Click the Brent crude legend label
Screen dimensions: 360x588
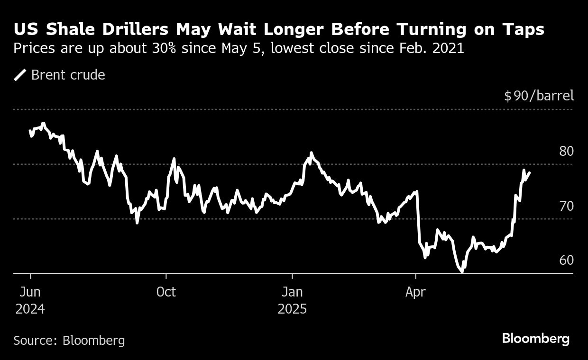tap(68, 75)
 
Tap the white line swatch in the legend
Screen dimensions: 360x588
tap(20, 75)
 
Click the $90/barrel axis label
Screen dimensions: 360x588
tap(539, 96)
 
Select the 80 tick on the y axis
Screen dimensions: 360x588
tap(566, 151)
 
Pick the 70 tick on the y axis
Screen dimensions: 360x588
tap(566, 206)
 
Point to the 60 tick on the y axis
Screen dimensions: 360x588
tap(566, 260)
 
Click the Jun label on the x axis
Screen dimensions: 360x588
tap(30, 292)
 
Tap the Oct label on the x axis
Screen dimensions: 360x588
tap(166, 292)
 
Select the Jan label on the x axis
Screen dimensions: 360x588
tap(292, 292)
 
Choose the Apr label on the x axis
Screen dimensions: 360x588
tap(415, 292)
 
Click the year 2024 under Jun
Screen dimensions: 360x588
tap(30, 309)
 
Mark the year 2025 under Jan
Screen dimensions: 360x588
tap(292, 309)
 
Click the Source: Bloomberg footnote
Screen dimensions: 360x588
tap(69, 340)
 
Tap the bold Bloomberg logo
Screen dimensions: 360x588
tap(535, 339)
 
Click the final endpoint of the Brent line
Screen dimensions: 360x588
tap(530, 173)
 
